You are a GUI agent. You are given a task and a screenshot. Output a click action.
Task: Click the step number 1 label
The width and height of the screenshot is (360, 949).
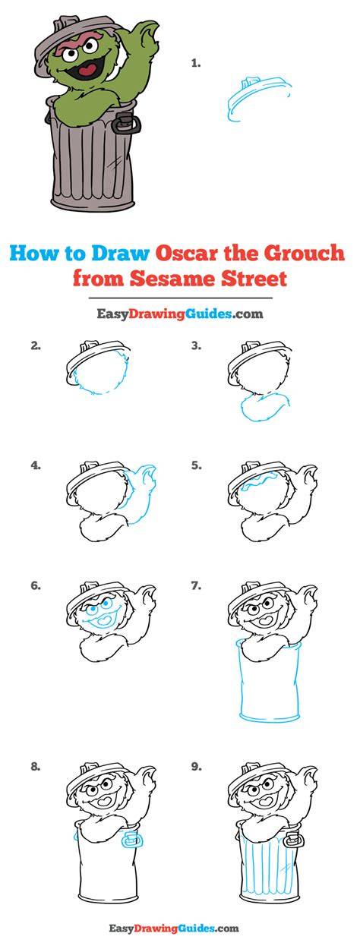click(x=195, y=64)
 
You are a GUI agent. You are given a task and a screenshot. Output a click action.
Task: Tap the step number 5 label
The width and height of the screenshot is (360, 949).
click(x=196, y=465)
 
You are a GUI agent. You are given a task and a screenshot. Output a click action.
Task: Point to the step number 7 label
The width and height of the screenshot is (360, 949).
click(x=196, y=586)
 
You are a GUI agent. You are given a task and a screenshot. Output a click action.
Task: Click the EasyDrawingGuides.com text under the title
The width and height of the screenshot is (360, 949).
click(x=180, y=314)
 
